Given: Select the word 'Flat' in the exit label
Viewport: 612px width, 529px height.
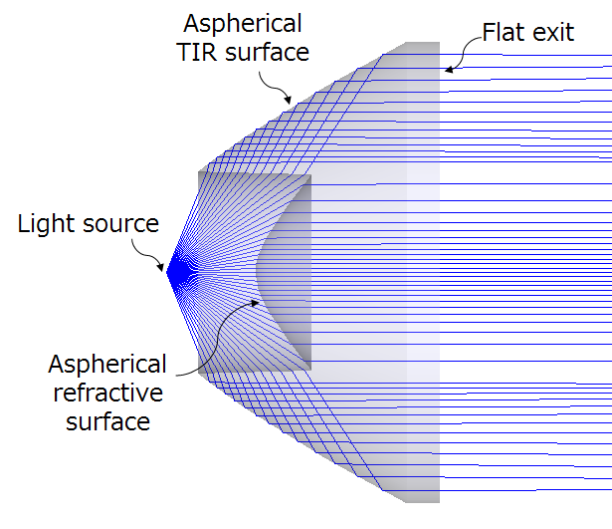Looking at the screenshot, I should click(x=505, y=32).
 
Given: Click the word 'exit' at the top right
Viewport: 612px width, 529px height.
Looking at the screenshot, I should click(x=554, y=32).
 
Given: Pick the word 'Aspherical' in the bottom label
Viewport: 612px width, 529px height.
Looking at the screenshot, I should click(x=107, y=364).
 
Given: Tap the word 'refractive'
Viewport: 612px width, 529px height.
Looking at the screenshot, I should click(x=107, y=393).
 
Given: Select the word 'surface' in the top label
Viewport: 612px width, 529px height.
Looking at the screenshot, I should click(x=269, y=52).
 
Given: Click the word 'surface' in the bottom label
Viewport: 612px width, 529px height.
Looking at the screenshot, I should click(x=107, y=421).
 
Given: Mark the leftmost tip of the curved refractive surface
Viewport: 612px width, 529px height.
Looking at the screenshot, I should click(x=256, y=272).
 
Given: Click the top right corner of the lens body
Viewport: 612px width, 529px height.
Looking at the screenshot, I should click(x=439, y=43).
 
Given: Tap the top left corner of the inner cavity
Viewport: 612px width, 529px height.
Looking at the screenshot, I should click(x=199, y=172).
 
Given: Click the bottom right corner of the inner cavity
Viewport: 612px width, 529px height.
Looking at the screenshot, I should click(x=311, y=371).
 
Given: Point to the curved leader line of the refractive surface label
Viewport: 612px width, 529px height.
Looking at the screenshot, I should click(x=209, y=329).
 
